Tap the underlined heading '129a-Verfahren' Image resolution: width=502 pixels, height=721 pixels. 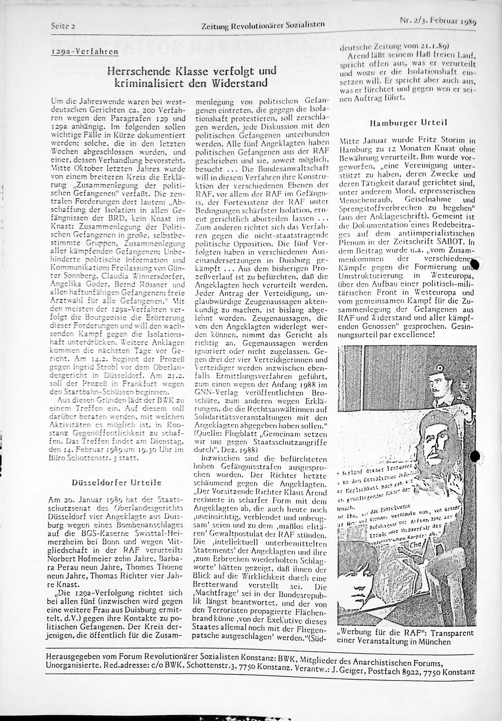point(85,51)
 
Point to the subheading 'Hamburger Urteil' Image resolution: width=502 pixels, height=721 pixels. point(409,123)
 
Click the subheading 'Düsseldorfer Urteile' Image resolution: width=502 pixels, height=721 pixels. point(117,483)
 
